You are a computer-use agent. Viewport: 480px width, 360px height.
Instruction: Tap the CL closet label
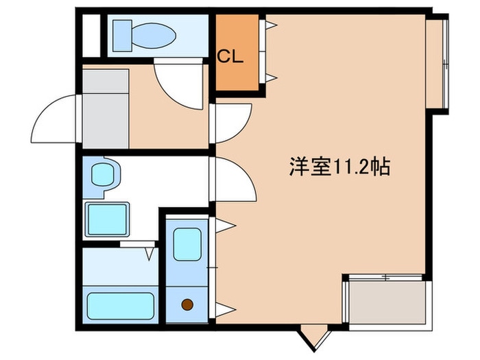[x=231, y=58]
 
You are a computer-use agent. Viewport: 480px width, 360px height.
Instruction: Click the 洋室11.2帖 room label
[x=339, y=167]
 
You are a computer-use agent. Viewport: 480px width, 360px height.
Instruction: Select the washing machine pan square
[x=106, y=219]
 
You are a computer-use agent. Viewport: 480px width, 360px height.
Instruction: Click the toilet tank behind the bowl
[x=123, y=32]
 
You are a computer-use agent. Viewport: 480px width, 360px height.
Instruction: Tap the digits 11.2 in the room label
[x=354, y=167]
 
